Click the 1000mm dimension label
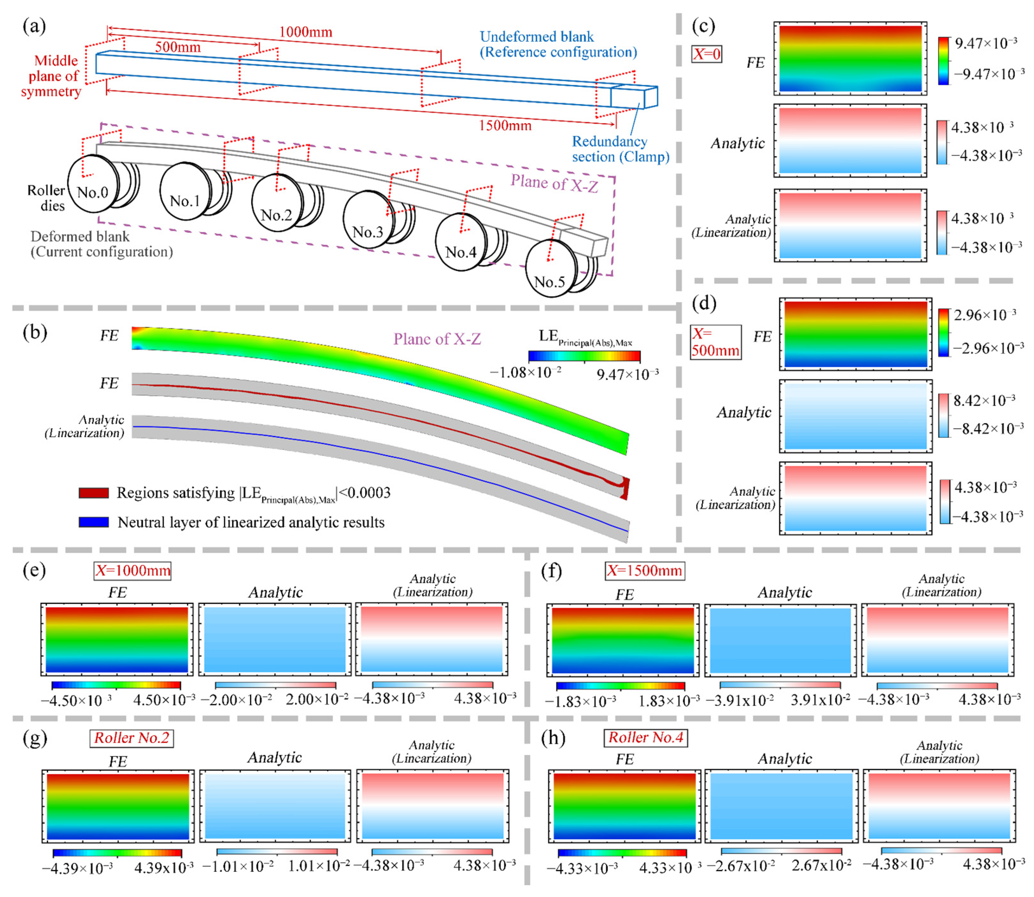pyautogui.click(x=305, y=32)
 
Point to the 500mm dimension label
pyautogui.click(x=178, y=47)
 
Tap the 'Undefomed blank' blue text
pyautogui.click(x=536, y=37)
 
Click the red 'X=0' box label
pyautogui.click(x=706, y=53)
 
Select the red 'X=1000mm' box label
pyautogui.click(x=133, y=571)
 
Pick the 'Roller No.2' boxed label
pyautogui.click(x=131, y=738)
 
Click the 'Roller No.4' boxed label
pyautogui.click(x=646, y=737)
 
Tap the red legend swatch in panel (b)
pyautogui.click(x=94, y=493)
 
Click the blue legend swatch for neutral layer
pyautogui.click(x=94, y=522)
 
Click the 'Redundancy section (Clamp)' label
pyautogui.click(x=620, y=149)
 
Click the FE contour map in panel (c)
pyautogui.click(x=850, y=59)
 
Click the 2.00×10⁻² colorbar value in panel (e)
pyautogui.click(x=316, y=699)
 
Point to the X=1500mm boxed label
pyautogui.click(x=645, y=571)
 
